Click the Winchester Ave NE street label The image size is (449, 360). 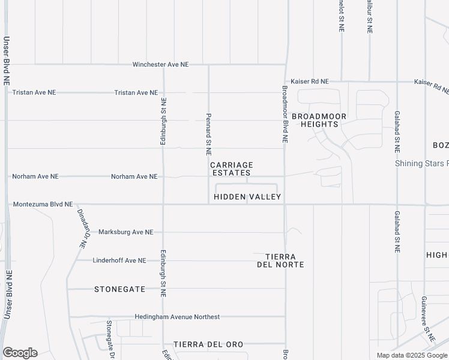[160, 65]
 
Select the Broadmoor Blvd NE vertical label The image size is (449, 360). [285, 114]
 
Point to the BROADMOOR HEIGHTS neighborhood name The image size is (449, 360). [315, 120]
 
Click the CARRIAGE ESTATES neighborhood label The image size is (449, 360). [231, 169]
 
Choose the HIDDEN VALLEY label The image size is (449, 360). [247, 197]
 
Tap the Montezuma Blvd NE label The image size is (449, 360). [43, 205]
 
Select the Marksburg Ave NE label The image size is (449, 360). [126, 232]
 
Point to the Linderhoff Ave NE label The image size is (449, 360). [119, 260]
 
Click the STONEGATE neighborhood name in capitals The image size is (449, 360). [119, 289]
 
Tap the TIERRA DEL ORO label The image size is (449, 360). [208, 344]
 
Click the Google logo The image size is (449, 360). [20, 353]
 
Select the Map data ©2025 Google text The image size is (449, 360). [412, 355]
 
